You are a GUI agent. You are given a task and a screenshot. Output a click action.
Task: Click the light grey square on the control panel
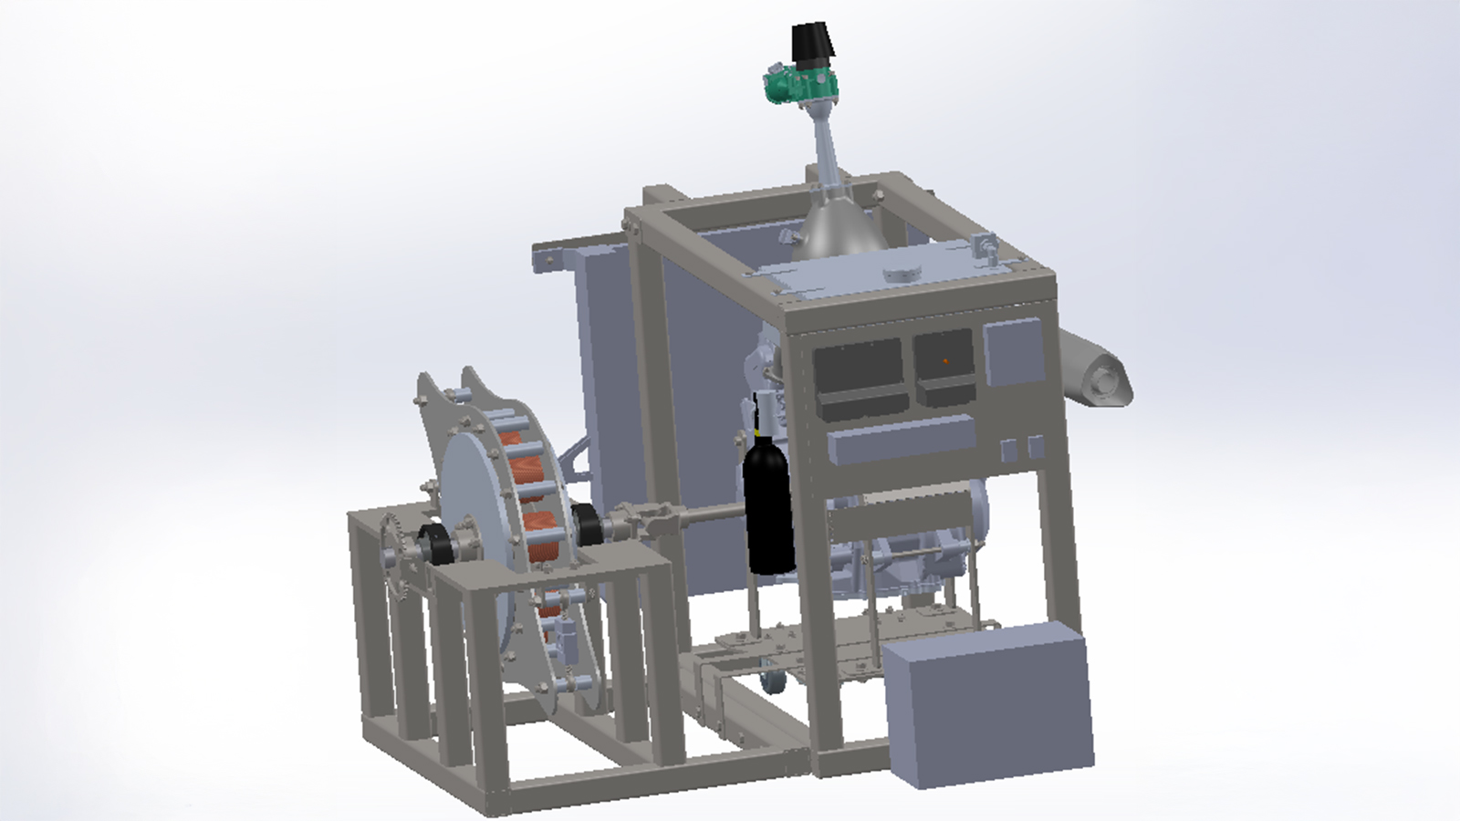[x=1013, y=354]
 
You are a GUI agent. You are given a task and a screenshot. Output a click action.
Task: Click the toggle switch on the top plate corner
[x=985, y=247]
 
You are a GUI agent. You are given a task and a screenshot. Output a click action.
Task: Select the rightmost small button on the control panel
[x=1035, y=448]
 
